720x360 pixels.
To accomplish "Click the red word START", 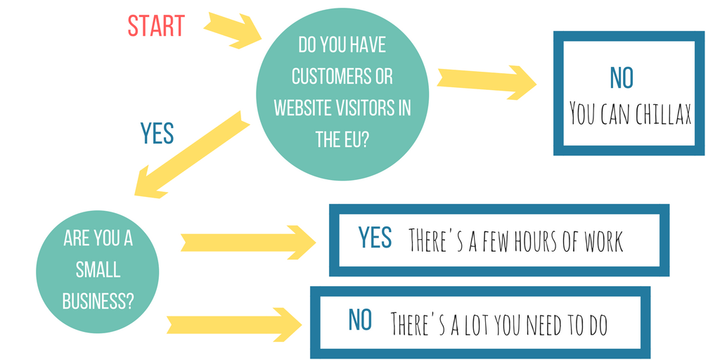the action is click(x=155, y=25).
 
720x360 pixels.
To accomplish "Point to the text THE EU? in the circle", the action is click(x=342, y=139).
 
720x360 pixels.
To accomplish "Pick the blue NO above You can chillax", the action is click(x=622, y=78).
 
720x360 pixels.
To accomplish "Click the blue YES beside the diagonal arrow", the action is click(x=157, y=133).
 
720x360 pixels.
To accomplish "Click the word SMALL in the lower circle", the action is click(x=98, y=269).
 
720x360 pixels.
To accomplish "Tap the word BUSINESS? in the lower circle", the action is click(x=98, y=300).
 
